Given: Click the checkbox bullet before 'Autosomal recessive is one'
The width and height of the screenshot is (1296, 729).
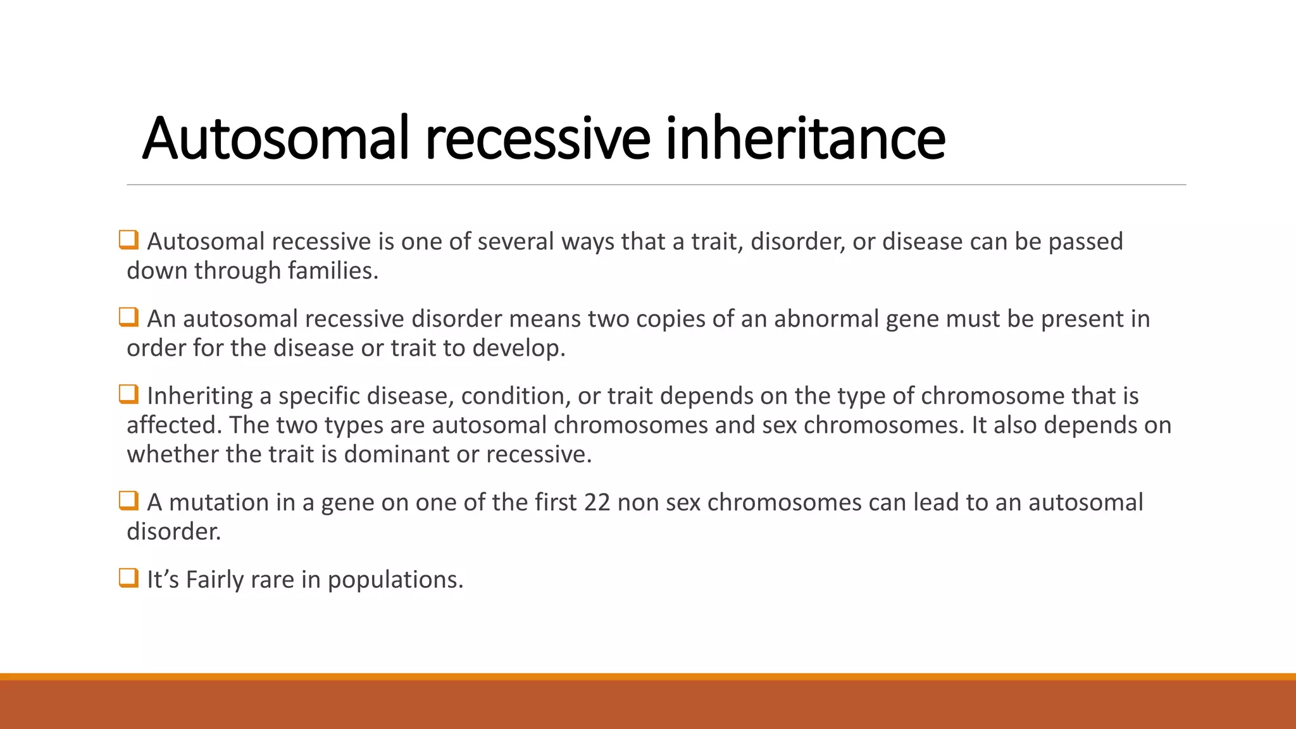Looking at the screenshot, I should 128,240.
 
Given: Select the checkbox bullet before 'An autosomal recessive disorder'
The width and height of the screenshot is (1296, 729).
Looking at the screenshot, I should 128,318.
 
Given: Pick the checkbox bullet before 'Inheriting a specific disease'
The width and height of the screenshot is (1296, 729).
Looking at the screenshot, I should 128,395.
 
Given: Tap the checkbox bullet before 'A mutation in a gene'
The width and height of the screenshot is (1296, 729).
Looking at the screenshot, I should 128,501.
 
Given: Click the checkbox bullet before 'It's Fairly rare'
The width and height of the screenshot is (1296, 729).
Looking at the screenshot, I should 128,578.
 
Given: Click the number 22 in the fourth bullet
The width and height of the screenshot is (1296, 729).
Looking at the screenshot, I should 597,502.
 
